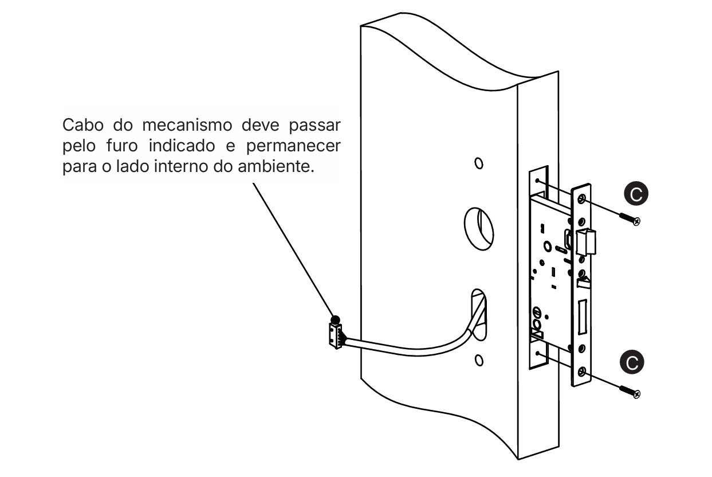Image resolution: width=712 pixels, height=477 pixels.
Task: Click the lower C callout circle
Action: point(632,362)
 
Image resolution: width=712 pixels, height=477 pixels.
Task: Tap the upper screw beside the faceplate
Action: point(629,218)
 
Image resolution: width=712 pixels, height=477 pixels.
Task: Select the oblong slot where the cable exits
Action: point(479,315)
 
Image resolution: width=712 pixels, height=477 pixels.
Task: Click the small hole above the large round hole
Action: point(478,163)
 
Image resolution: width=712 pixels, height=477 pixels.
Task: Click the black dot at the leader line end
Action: point(336,319)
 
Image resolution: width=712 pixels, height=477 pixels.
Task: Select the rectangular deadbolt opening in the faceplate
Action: point(582,317)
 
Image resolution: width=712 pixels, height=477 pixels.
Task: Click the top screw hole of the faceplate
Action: point(582,198)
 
